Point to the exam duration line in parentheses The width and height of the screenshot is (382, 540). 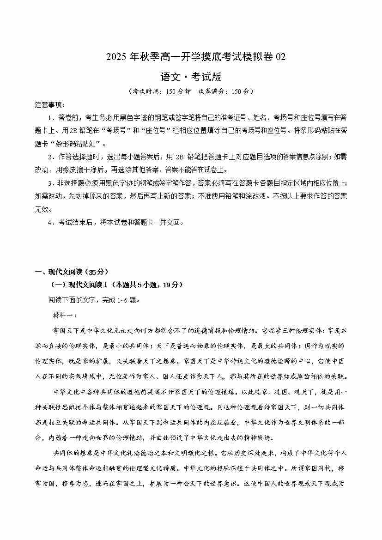click(x=191, y=91)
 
